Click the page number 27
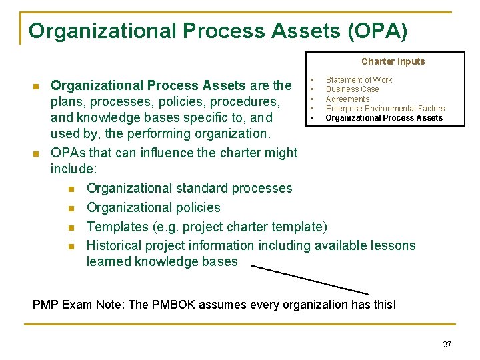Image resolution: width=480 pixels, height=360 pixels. tap(447, 345)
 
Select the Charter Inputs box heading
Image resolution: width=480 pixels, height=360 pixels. tap(393, 61)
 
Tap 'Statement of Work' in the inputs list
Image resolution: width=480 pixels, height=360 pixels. tap(359, 80)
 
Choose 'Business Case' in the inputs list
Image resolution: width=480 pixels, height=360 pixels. tap(352, 89)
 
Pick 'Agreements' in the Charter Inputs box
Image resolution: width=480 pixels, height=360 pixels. tap(347, 99)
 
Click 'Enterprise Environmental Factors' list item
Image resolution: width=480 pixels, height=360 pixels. tap(385, 109)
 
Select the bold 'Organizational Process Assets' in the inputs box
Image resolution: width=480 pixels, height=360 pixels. tap(384, 118)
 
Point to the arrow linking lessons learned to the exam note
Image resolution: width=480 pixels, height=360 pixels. tap(310, 279)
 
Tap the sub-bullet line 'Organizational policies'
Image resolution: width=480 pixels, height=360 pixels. tap(153, 207)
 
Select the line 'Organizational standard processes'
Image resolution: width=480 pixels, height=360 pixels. tap(189, 188)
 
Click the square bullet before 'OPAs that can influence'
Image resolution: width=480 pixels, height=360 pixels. tap(36, 153)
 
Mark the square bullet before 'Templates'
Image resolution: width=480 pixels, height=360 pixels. tap(71, 227)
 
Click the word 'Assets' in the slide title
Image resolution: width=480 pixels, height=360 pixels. tap(291, 31)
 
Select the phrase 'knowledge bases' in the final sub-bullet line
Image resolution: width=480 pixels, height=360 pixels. tap(186, 261)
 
